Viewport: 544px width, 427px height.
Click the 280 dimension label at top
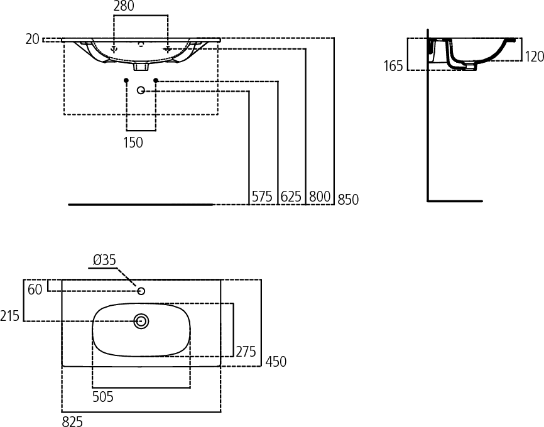pyautogui.click(x=124, y=7)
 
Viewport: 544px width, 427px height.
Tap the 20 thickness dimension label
pyautogui.click(x=33, y=39)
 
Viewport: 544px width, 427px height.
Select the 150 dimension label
pyautogui.click(x=133, y=143)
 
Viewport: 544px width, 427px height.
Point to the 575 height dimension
pyautogui.click(x=262, y=197)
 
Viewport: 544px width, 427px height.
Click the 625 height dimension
pyautogui.click(x=291, y=197)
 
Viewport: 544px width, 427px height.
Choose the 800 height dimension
pyautogui.click(x=320, y=197)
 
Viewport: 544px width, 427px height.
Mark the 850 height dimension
pyautogui.click(x=348, y=200)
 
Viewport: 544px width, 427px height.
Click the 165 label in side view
pyautogui.click(x=393, y=65)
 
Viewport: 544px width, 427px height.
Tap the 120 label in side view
pyautogui.click(x=534, y=57)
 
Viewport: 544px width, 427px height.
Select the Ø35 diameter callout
pyautogui.click(x=104, y=260)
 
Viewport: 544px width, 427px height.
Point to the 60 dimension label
pyautogui.click(x=35, y=289)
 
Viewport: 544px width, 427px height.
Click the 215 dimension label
pyautogui.click(x=10, y=316)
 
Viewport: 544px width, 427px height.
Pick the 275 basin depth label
pyautogui.click(x=246, y=352)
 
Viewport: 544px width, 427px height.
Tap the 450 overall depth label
pyautogui.click(x=276, y=362)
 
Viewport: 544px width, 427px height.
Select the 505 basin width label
pyautogui.click(x=103, y=396)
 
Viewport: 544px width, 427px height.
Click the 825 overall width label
pyautogui.click(x=72, y=421)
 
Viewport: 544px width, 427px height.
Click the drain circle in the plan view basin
pyautogui.click(x=141, y=321)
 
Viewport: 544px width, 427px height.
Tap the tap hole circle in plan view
pyautogui.click(x=141, y=291)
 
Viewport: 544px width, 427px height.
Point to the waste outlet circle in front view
pyautogui.click(x=141, y=91)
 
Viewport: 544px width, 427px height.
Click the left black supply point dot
pyautogui.click(x=126, y=80)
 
